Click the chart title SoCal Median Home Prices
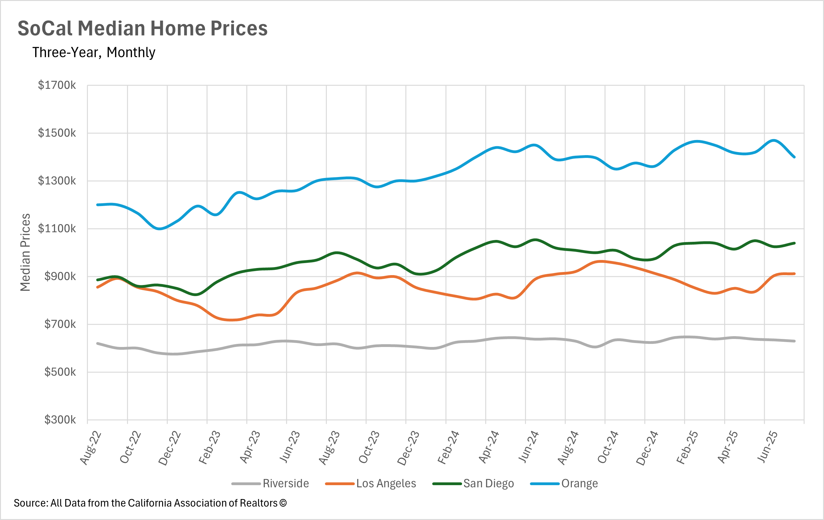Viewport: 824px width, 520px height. coord(142,28)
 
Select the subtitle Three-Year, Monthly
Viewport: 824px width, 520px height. coord(94,52)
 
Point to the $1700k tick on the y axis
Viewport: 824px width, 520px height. coord(57,85)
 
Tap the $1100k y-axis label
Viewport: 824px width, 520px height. coord(57,228)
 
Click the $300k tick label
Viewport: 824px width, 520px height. coord(60,419)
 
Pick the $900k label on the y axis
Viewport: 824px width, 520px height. coord(60,276)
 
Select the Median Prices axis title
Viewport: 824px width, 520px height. coord(25,252)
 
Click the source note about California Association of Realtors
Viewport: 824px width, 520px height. coord(150,503)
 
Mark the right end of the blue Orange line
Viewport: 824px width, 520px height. coord(794,157)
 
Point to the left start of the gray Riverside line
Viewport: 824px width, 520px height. coord(97,343)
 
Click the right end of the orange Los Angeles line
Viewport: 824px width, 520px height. coord(794,274)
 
